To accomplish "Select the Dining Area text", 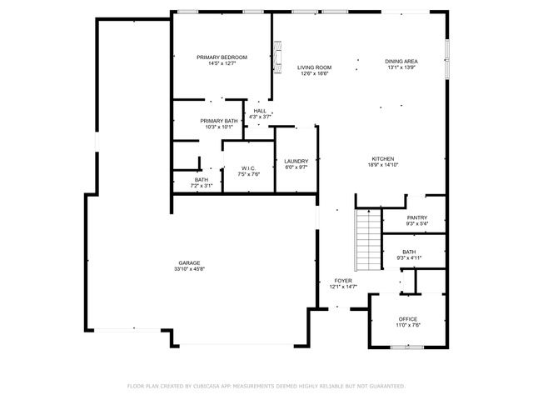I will [401, 61].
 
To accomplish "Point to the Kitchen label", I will [382, 159].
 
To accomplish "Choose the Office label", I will [407, 319].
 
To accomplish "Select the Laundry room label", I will [296, 161].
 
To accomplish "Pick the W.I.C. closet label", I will [248, 168].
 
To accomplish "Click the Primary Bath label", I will [219, 121].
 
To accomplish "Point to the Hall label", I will [260, 111].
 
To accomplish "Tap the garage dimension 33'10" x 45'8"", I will [190, 269].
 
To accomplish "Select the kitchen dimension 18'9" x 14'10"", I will [382, 166].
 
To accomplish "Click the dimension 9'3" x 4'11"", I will [408, 257].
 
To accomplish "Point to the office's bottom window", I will [408, 345].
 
